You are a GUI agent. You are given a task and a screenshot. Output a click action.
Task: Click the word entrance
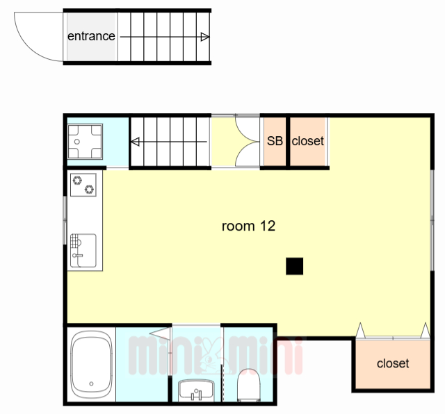[91, 36]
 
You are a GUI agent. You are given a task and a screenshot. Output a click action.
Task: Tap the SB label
[275, 141]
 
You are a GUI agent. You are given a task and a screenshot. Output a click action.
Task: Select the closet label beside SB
[307, 141]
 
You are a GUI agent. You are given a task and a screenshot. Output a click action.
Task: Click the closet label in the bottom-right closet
[393, 363]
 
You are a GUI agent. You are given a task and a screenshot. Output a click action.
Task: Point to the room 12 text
[248, 226]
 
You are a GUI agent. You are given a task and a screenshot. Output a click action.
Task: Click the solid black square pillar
[294, 266]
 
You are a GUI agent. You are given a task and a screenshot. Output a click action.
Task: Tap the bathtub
[91, 365]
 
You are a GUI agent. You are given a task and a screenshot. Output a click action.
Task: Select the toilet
[249, 385]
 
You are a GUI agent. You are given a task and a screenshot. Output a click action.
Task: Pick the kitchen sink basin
[83, 250]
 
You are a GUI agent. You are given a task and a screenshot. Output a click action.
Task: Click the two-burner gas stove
[83, 185]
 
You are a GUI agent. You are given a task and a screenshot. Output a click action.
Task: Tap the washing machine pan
[85, 141]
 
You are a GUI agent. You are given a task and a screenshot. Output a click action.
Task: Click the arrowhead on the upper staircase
[205, 37]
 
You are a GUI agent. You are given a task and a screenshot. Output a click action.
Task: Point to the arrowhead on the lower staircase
[135, 142]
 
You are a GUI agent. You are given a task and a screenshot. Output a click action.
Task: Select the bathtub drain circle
[91, 383]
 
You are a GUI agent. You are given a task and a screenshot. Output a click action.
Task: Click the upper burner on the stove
[77, 180]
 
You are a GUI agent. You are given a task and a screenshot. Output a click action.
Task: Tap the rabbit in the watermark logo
[211, 356]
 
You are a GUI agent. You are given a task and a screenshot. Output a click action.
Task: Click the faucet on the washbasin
[196, 394]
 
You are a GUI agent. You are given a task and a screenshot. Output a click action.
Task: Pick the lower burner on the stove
[89, 189]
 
